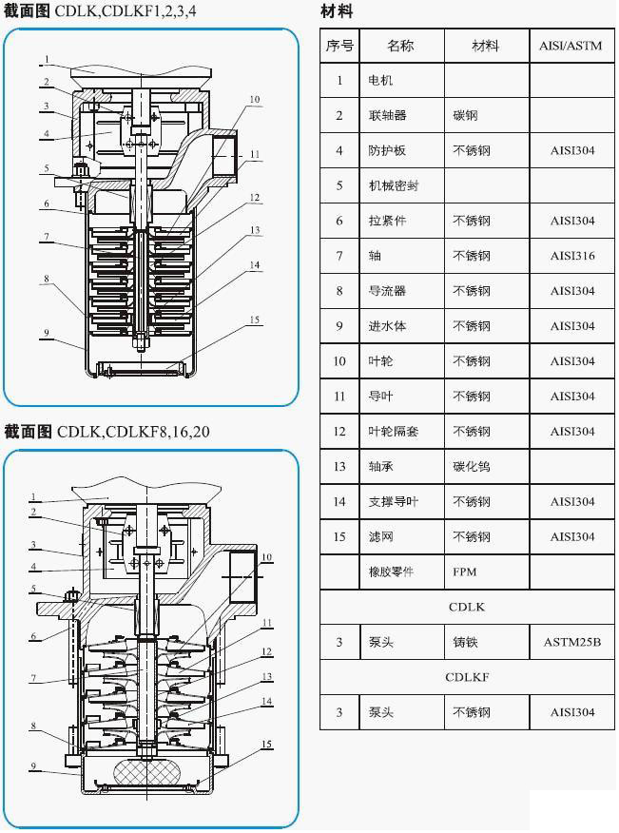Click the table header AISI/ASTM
pyautogui.click(x=571, y=46)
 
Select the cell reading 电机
pyautogui.click(x=380, y=81)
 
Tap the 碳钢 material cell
pyautogui.click(x=465, y=116)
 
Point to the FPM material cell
pyautogui.click(x=464, y=572)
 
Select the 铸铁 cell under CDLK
pyautogui.click(x=465, y=643)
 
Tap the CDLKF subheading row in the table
pyautogui.click(x=466, y=678)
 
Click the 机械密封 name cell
pyautogui.click(x=393, y=186)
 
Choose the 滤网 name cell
pyautogui.click(x=380, y=537)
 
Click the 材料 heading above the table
pyautogui.click(x=337, y=12)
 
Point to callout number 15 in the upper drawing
pyautogui.click(x=254, y=320)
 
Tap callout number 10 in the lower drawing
pyautogui.click(x=266, y=557)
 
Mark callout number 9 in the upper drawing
pyautogui.click(x=45, y=333)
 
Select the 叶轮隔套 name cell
pyautogui.click(x=393, y=432)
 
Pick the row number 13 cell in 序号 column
pyautogui.click(x=339, y=467)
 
